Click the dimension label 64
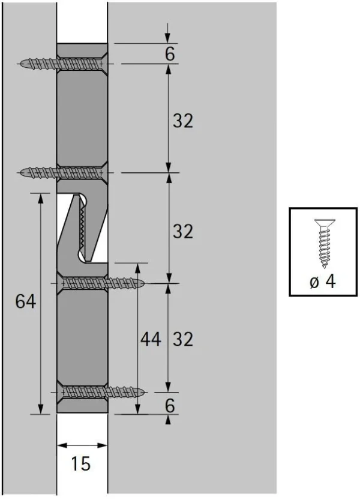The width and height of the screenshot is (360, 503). click(x=26, y=302)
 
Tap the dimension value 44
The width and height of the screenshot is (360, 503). click(x=150, y=339)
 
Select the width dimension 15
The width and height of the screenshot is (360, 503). click(x=81, y=463)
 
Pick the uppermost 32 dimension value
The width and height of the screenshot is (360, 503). click(x=183, y=121)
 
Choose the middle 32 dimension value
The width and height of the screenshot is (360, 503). click(x=183, y=230)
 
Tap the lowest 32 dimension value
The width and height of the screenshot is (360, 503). click(x=183, y=339)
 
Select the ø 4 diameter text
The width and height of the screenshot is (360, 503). click(x=322, y=282)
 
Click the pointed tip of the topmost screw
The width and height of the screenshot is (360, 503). click(x=22, y=64)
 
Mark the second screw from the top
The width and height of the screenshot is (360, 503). click(x=60, y=173)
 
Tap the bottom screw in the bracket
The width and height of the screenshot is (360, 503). click(x=102, y=393)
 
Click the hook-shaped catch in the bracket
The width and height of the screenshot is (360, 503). click(x=84, y=228)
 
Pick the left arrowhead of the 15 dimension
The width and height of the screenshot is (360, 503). click(x=61, y=445)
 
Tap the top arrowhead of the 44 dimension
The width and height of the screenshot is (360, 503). click(x=138, y=268)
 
